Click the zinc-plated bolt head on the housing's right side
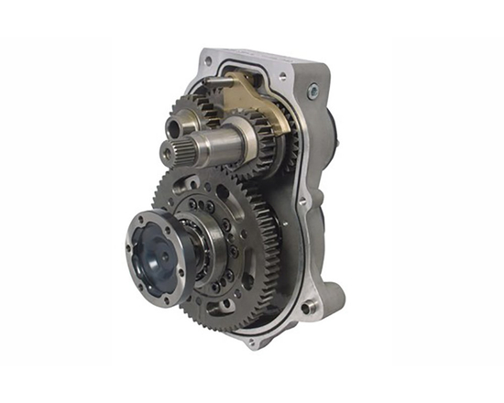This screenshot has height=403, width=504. pos(314,91)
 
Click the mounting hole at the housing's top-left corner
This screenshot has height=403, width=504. pos(209,62)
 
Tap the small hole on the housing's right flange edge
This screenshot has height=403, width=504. pos(303,201)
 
